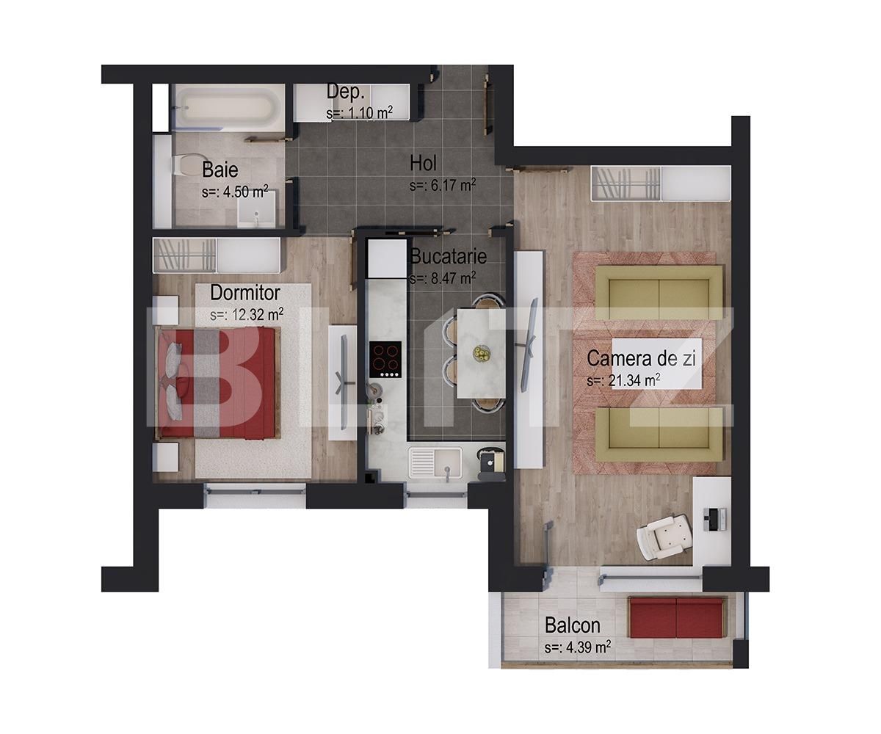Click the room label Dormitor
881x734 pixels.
coord(244,293)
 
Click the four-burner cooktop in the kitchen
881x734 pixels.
coord(385,359)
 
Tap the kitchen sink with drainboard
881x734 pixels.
coord(435,463)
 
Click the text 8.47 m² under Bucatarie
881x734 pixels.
coord(443,278)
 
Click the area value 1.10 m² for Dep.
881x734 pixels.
coord(360,113)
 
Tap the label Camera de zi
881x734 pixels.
coord(641,359)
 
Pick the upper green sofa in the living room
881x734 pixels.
coord(659,292)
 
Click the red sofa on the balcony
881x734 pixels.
coord(676,618)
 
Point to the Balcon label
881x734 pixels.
coord(572,626)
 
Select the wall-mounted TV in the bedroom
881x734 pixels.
coord(343,382)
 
